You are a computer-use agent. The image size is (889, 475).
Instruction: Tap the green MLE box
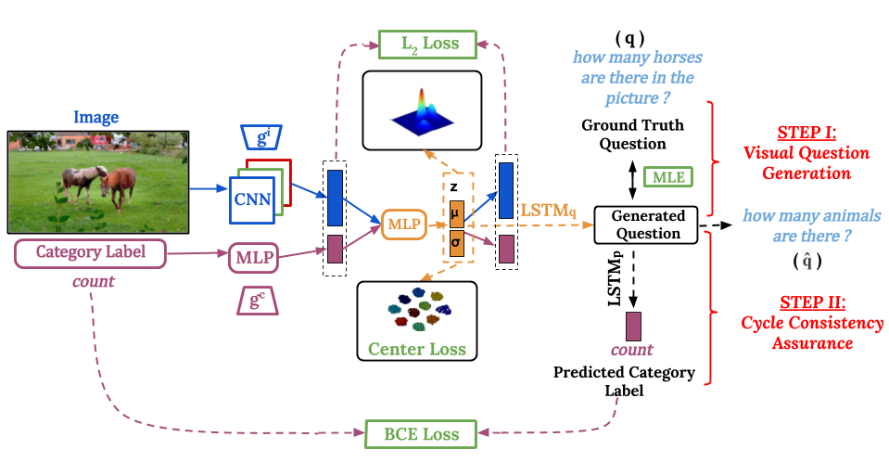click(668, 176)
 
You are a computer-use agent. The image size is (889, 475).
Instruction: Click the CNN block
click(252, 199)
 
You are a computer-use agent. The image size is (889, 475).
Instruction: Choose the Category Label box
click(90, 253)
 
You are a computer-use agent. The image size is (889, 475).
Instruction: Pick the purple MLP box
click(253, 257)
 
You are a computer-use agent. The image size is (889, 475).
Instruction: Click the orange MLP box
click(404, 225)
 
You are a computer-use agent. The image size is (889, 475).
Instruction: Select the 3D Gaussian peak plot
click(423, 110)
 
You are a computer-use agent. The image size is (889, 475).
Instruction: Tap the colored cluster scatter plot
click(418, 309)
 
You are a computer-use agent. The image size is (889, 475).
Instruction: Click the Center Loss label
click(416, 350)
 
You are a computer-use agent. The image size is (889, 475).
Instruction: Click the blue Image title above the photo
click(96, 118)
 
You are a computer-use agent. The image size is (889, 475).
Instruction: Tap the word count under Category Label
click(93, 280)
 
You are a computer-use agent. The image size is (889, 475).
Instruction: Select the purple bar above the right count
click(633, 327)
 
